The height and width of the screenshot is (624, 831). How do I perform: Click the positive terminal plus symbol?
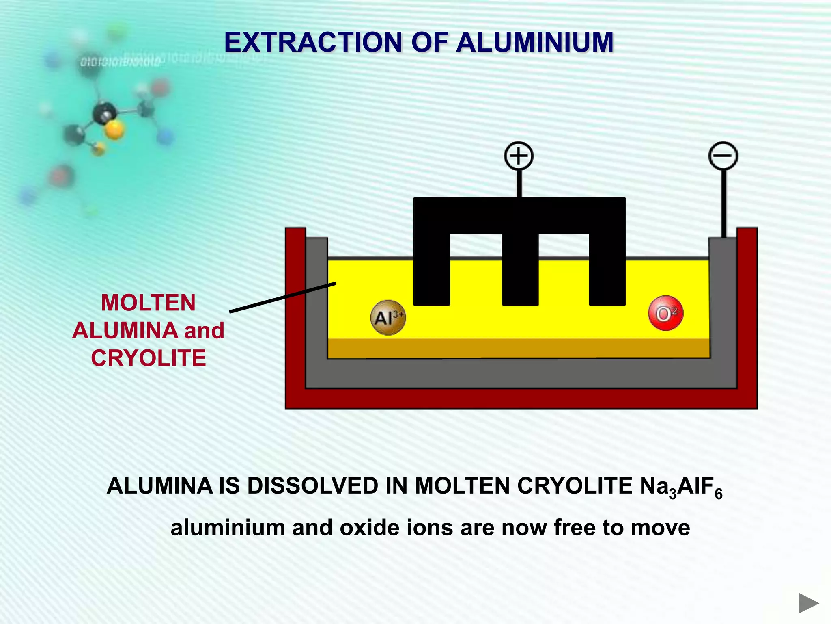click(518, 156)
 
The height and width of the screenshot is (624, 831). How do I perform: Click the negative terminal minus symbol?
click(723, 156)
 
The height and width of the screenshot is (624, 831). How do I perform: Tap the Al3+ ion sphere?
click(388, 318)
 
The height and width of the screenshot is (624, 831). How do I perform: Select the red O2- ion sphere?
click(665, 313)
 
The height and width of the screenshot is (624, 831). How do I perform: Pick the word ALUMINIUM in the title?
click(534, 42)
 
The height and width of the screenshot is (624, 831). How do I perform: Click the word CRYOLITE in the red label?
click(149, 358)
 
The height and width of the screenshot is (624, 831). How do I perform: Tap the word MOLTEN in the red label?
click(149, 303)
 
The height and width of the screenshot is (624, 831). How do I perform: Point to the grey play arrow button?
click(808, 603)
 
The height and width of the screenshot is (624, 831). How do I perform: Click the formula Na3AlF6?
click(681, 487)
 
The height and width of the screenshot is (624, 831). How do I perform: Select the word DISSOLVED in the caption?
click(312, 486)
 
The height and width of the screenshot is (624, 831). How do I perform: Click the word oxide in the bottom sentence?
click(364, 528)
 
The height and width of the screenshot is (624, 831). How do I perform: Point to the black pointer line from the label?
click(282, 297)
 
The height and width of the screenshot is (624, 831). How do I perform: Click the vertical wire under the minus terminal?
click(723, 203)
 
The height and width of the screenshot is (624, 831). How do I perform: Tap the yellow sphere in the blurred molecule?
click(114, 130)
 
